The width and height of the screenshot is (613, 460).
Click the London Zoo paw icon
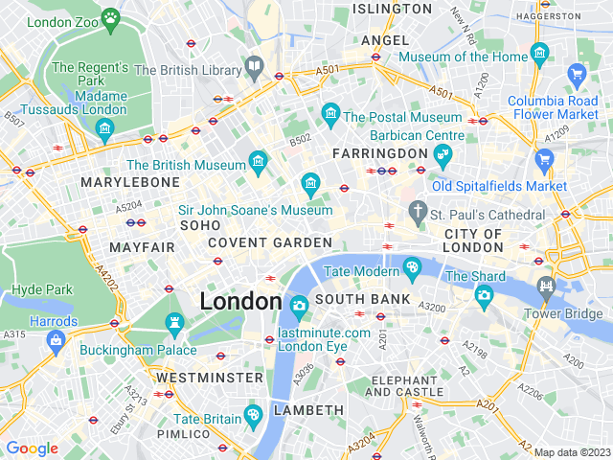pyautogui.click(x=112, y=16)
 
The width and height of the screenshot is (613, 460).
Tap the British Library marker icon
pyautogui.click(x=254, y=67)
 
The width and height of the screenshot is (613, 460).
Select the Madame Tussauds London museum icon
pyautogui.click(x=105, y=127)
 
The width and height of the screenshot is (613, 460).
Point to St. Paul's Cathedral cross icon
pyautogui.click(x=417, y=209)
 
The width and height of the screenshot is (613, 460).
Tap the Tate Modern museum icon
pyautogui.click(x=413, y=266)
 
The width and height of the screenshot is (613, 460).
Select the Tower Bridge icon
pyautogui.click(x=546, y=285)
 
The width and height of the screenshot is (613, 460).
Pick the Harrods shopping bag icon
pyautogui.click(x=55, y=338)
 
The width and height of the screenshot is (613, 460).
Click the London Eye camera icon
pyautogui.click(x=299, y=308)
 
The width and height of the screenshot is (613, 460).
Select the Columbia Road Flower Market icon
pyautogui.click(x=577, y=74)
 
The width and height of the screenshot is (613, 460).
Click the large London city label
pyautogui.click(x=240, y=302)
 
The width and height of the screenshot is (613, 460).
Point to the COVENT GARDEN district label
pyautogui.click(x=270, y=242)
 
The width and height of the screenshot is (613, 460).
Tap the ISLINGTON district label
pyautogui.click(x=393, y=9)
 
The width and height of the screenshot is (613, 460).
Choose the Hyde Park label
pyautogui.click(x=42, y=288)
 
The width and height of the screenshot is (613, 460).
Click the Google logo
pyautogui.click(x=33, y=448)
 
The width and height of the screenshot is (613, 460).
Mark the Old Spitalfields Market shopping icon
pyautogui.click(x=545, y=159)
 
